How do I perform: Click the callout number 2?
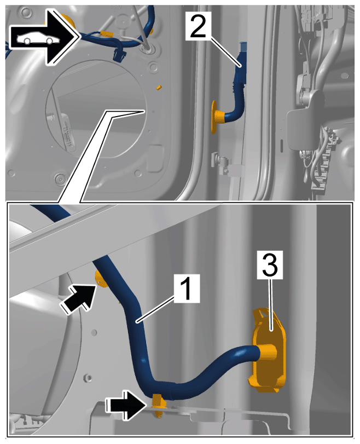(198, 26)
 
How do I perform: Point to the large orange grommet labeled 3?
(268, 350)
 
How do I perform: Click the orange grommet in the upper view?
(218, 116)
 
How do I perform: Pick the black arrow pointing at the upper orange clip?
(77, 299)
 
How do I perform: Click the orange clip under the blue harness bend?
(159, 406)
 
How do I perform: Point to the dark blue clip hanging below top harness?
(119, 54)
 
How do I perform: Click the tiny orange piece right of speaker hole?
(159, 87)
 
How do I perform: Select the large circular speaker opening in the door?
(96, 109)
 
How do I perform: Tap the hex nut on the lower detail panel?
(88, 377)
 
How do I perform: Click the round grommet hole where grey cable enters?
(148, 49)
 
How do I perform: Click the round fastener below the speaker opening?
(60, 179)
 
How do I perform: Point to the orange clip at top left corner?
(68, 20)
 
